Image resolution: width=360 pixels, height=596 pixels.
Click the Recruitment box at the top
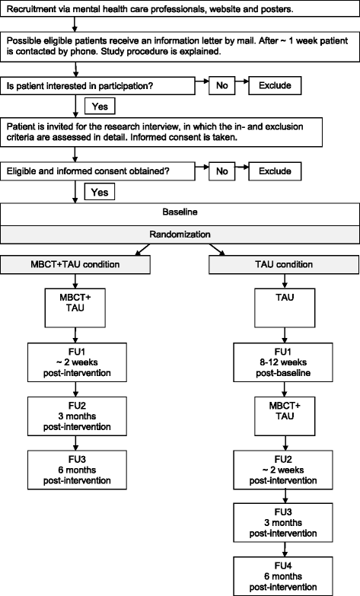click(180, 11)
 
